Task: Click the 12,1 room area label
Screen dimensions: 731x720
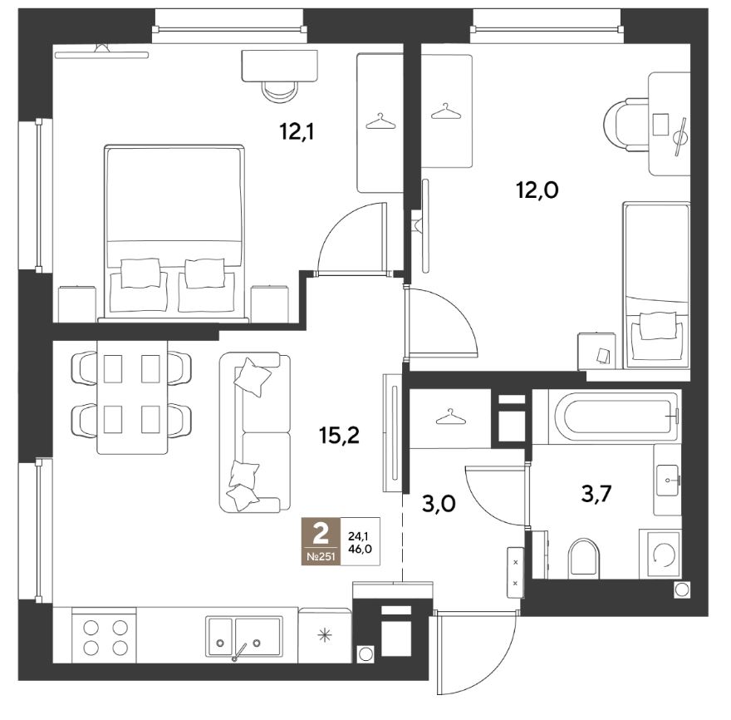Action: click(297, 132)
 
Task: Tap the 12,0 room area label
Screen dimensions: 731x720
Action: click(537, 190)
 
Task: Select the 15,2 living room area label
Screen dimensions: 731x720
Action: click(340, 436)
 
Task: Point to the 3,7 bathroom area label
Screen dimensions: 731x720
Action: click(596, 494)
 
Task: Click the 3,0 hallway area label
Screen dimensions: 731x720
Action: click(439, 504)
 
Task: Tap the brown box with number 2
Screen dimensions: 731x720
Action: click(321, 541)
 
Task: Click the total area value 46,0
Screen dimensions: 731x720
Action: click(360, 550)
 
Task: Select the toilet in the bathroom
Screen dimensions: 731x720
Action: click(583, 557)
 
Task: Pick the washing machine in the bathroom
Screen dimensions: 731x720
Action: click(660, 554)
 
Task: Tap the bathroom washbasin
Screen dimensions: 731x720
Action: click(668, 480)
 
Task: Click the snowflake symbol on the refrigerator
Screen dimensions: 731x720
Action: click(324, 635)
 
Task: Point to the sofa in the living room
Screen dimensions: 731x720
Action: click(254, 432)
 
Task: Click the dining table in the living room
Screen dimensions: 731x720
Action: click(132, 397)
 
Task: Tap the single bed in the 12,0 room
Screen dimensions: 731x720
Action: click(656, 284)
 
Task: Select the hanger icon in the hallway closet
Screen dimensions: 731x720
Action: click(450, 417)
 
